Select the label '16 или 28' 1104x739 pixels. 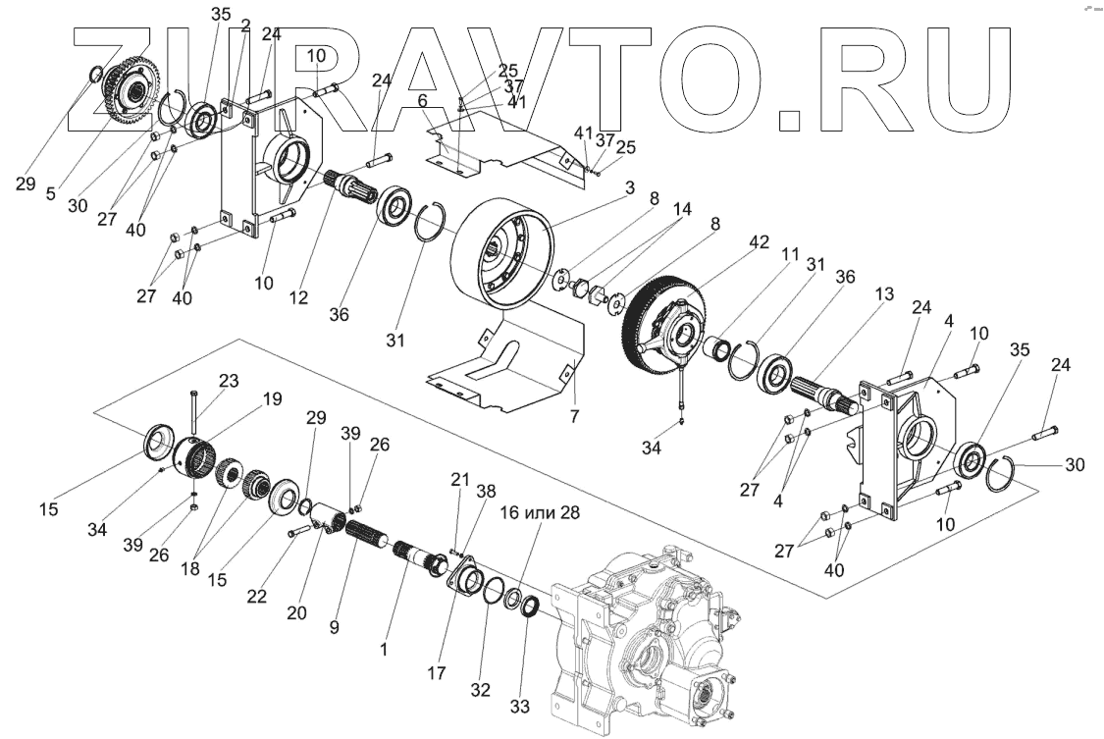[x=539, y=512]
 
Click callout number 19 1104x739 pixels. [x=272, y=398]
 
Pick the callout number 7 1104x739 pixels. [x=573, y=416]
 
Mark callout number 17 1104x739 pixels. [x=437, y=673]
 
